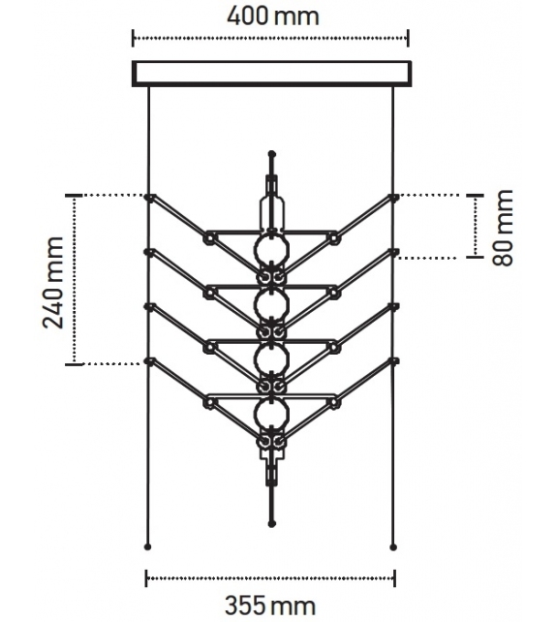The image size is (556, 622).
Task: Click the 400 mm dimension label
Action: (271, 16)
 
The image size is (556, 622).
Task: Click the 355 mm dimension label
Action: (270, 606)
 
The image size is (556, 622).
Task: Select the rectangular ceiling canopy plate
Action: (271, 74)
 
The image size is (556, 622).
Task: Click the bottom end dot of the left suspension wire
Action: (147, 544)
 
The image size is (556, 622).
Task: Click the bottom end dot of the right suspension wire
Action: (393, 544)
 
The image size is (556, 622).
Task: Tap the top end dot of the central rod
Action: (271, 154)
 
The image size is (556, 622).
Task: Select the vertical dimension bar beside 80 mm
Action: (476, 227)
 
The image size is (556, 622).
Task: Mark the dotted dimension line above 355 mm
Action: (270, 579)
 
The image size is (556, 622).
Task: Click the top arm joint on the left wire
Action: (148, 197)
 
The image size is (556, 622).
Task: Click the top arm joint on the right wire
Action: (393, 197)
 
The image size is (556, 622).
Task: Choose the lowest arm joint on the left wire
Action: (148, 361)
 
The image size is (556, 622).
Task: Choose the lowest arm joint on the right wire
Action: (393, 361)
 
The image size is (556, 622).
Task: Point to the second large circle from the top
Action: (270, 305)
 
